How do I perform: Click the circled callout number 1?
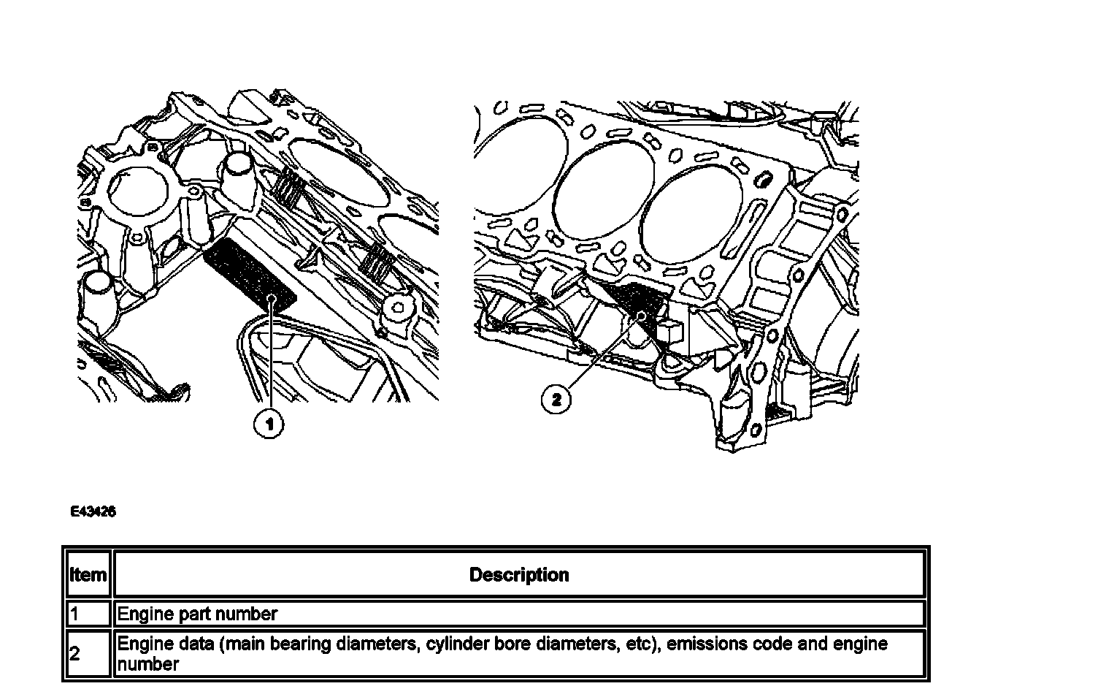pyautogui.click(x=268, y=423)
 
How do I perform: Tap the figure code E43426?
pyautogui.click(x=93, y=512)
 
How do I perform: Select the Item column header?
pyautogui.click(x=88, y=575)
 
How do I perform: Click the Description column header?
pyautogui.click(x=519, y=575)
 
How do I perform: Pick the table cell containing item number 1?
pyautogui.click(x=88, y=614)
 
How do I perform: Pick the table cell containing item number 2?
pyautogui.click(x=88, y=654)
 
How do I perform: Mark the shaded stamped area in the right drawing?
pyautogui.click(x=634, y=302)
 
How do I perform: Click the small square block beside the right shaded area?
pyautogui.click(x=669, y=330)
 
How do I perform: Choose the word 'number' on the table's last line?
pyautogui.click(x=147, y=665)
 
